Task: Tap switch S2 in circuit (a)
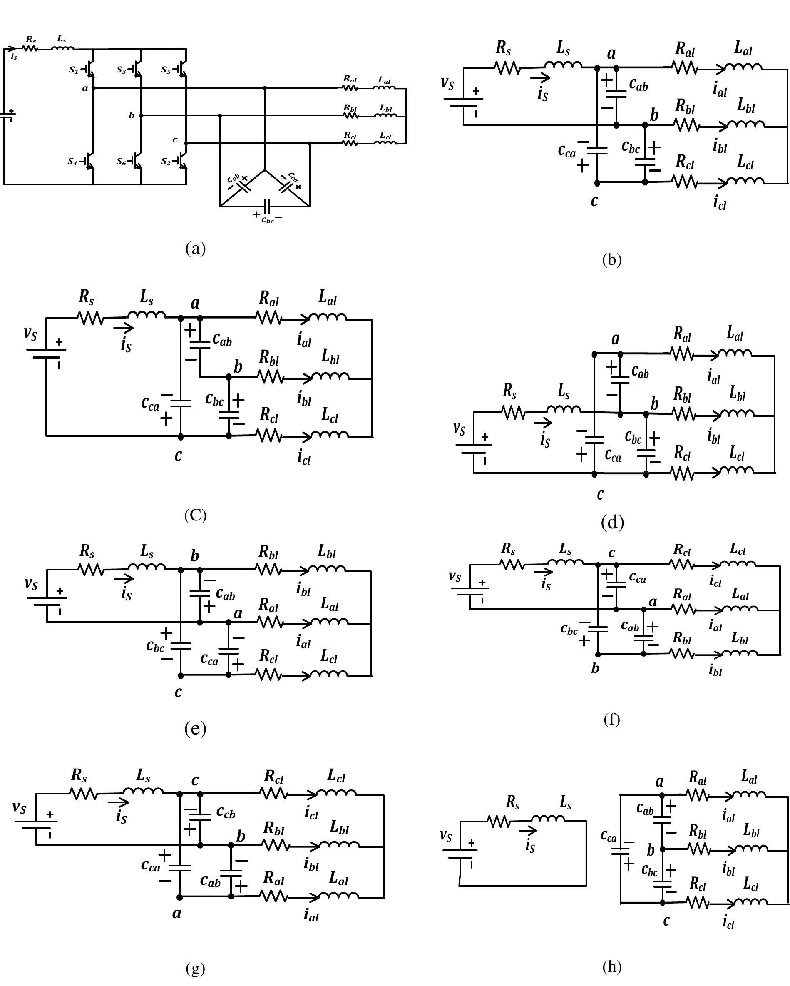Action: point(182,161)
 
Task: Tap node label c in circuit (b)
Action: point(594,200)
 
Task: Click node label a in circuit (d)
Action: point(616,339)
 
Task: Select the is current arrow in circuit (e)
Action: point(124,579)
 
